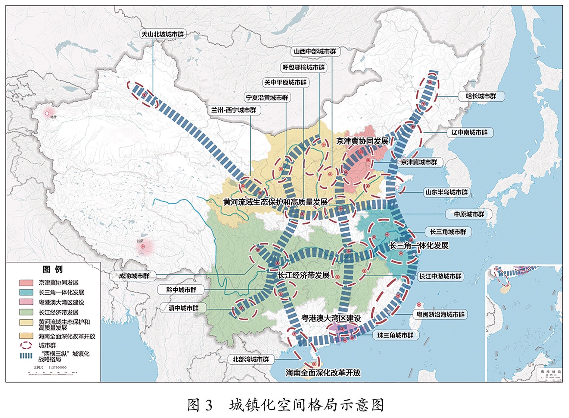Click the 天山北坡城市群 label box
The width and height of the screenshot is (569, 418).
pos(163,34)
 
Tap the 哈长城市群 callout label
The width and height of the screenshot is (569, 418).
pos(481,96)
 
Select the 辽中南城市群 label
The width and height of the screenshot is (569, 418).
pos(469,132)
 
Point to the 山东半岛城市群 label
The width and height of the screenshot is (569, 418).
pos(446,192)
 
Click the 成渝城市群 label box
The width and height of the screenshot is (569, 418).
pos(134,276)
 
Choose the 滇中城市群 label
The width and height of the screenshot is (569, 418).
pos(183,308)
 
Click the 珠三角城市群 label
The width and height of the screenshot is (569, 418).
pos(395,335)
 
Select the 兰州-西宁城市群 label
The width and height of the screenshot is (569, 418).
pos(234,110)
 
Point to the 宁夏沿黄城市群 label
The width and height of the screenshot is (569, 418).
pos(267,97)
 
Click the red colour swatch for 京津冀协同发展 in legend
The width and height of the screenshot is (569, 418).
pos(26,283)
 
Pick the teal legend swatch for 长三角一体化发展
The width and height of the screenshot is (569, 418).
pos(26,292)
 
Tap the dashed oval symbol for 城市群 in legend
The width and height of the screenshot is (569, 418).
pos(26,345)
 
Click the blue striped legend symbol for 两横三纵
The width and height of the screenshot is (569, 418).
pos(26,356)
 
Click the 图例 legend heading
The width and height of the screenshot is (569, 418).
pos(53,269)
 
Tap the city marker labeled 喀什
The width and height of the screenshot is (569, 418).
pos(47,114)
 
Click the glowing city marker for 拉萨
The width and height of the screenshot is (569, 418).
pos(143,246)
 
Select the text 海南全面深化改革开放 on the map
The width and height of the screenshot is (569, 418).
pos(323,373)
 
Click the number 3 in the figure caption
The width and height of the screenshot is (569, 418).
pos(209,405)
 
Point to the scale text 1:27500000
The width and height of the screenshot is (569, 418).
pos(54,367)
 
